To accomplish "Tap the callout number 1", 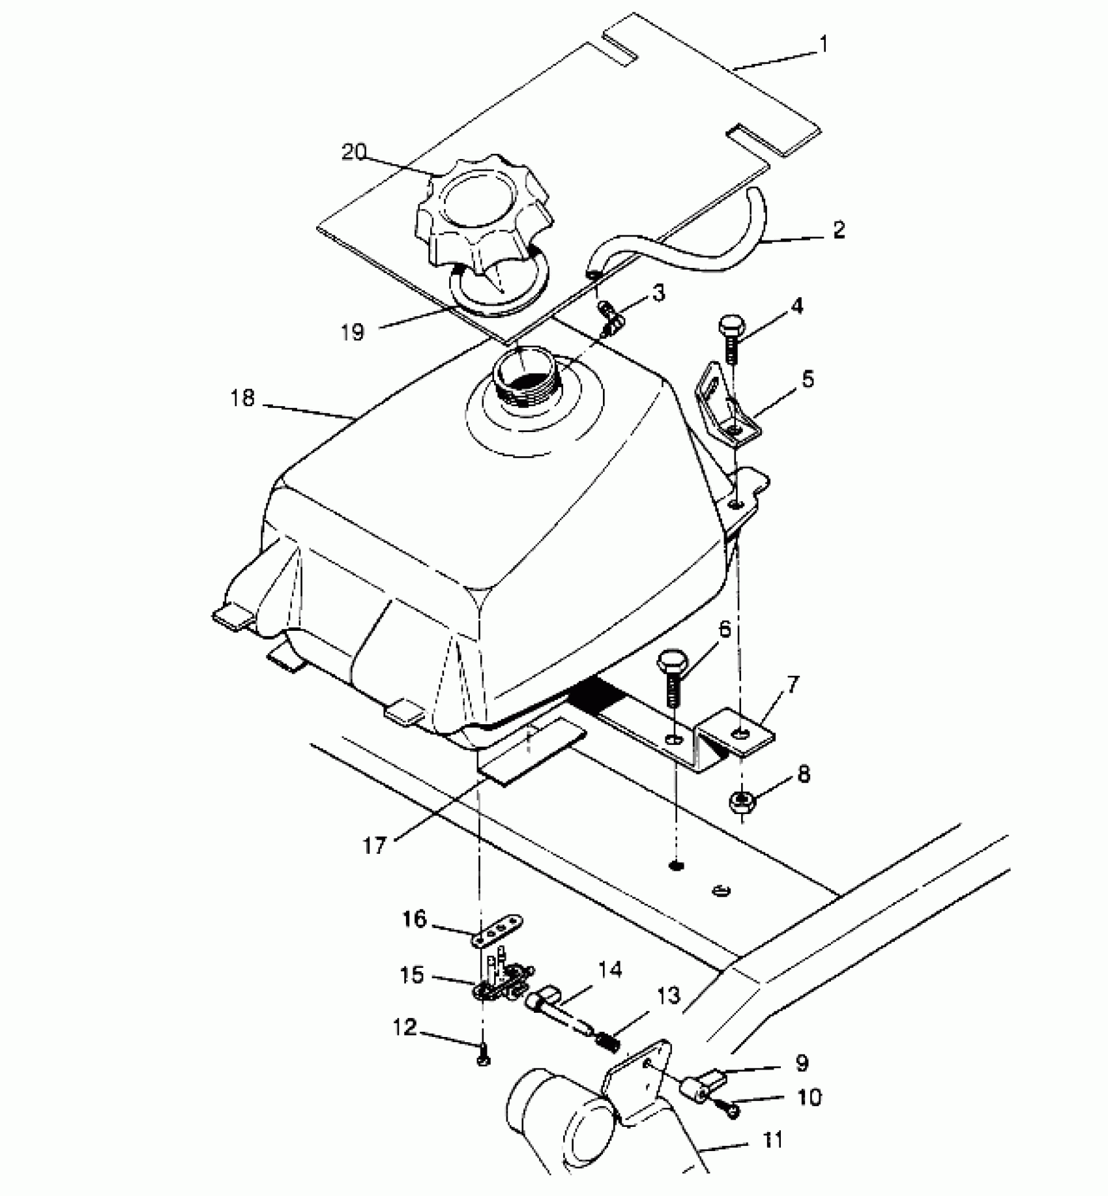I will [x=824, y=44].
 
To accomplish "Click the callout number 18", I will [x=242, y=398].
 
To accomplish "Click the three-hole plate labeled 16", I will [x=498, y=929].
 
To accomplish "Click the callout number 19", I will [x=353, y=332].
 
